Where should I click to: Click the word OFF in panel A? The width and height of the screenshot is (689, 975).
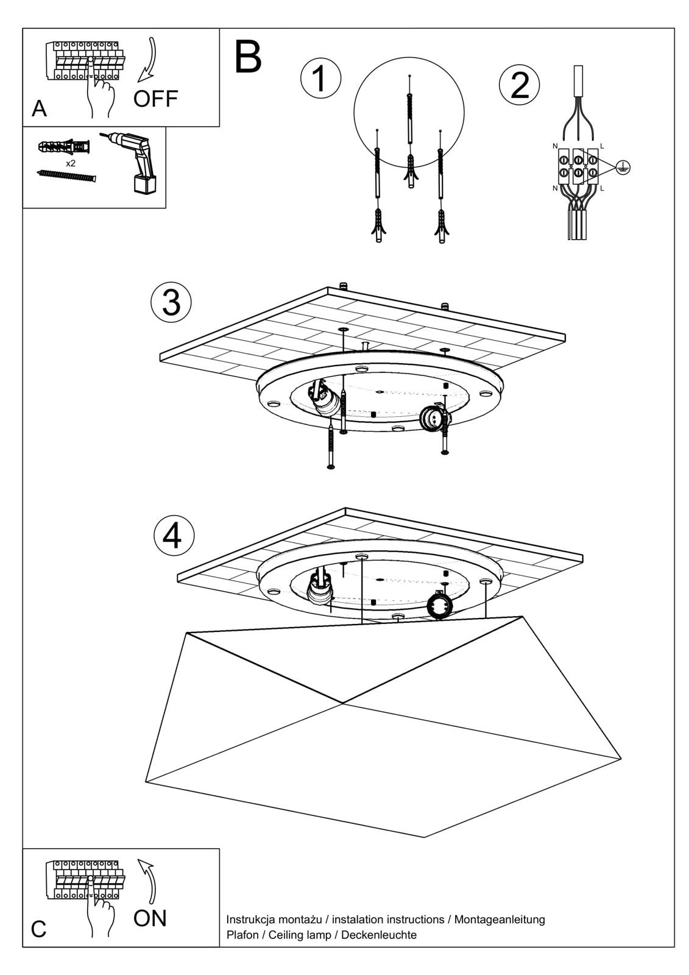155,98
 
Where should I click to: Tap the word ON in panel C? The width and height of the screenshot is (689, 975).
149,918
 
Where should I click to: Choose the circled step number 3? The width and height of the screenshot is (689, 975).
171,302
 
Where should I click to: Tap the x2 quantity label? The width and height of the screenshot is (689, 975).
71,163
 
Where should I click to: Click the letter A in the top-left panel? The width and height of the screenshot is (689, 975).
39,108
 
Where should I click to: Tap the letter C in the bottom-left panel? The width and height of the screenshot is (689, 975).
38,929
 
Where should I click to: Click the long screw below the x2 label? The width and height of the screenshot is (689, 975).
66,175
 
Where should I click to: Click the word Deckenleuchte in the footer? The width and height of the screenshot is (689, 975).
379,935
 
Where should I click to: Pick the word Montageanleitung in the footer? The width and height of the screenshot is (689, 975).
500,920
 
